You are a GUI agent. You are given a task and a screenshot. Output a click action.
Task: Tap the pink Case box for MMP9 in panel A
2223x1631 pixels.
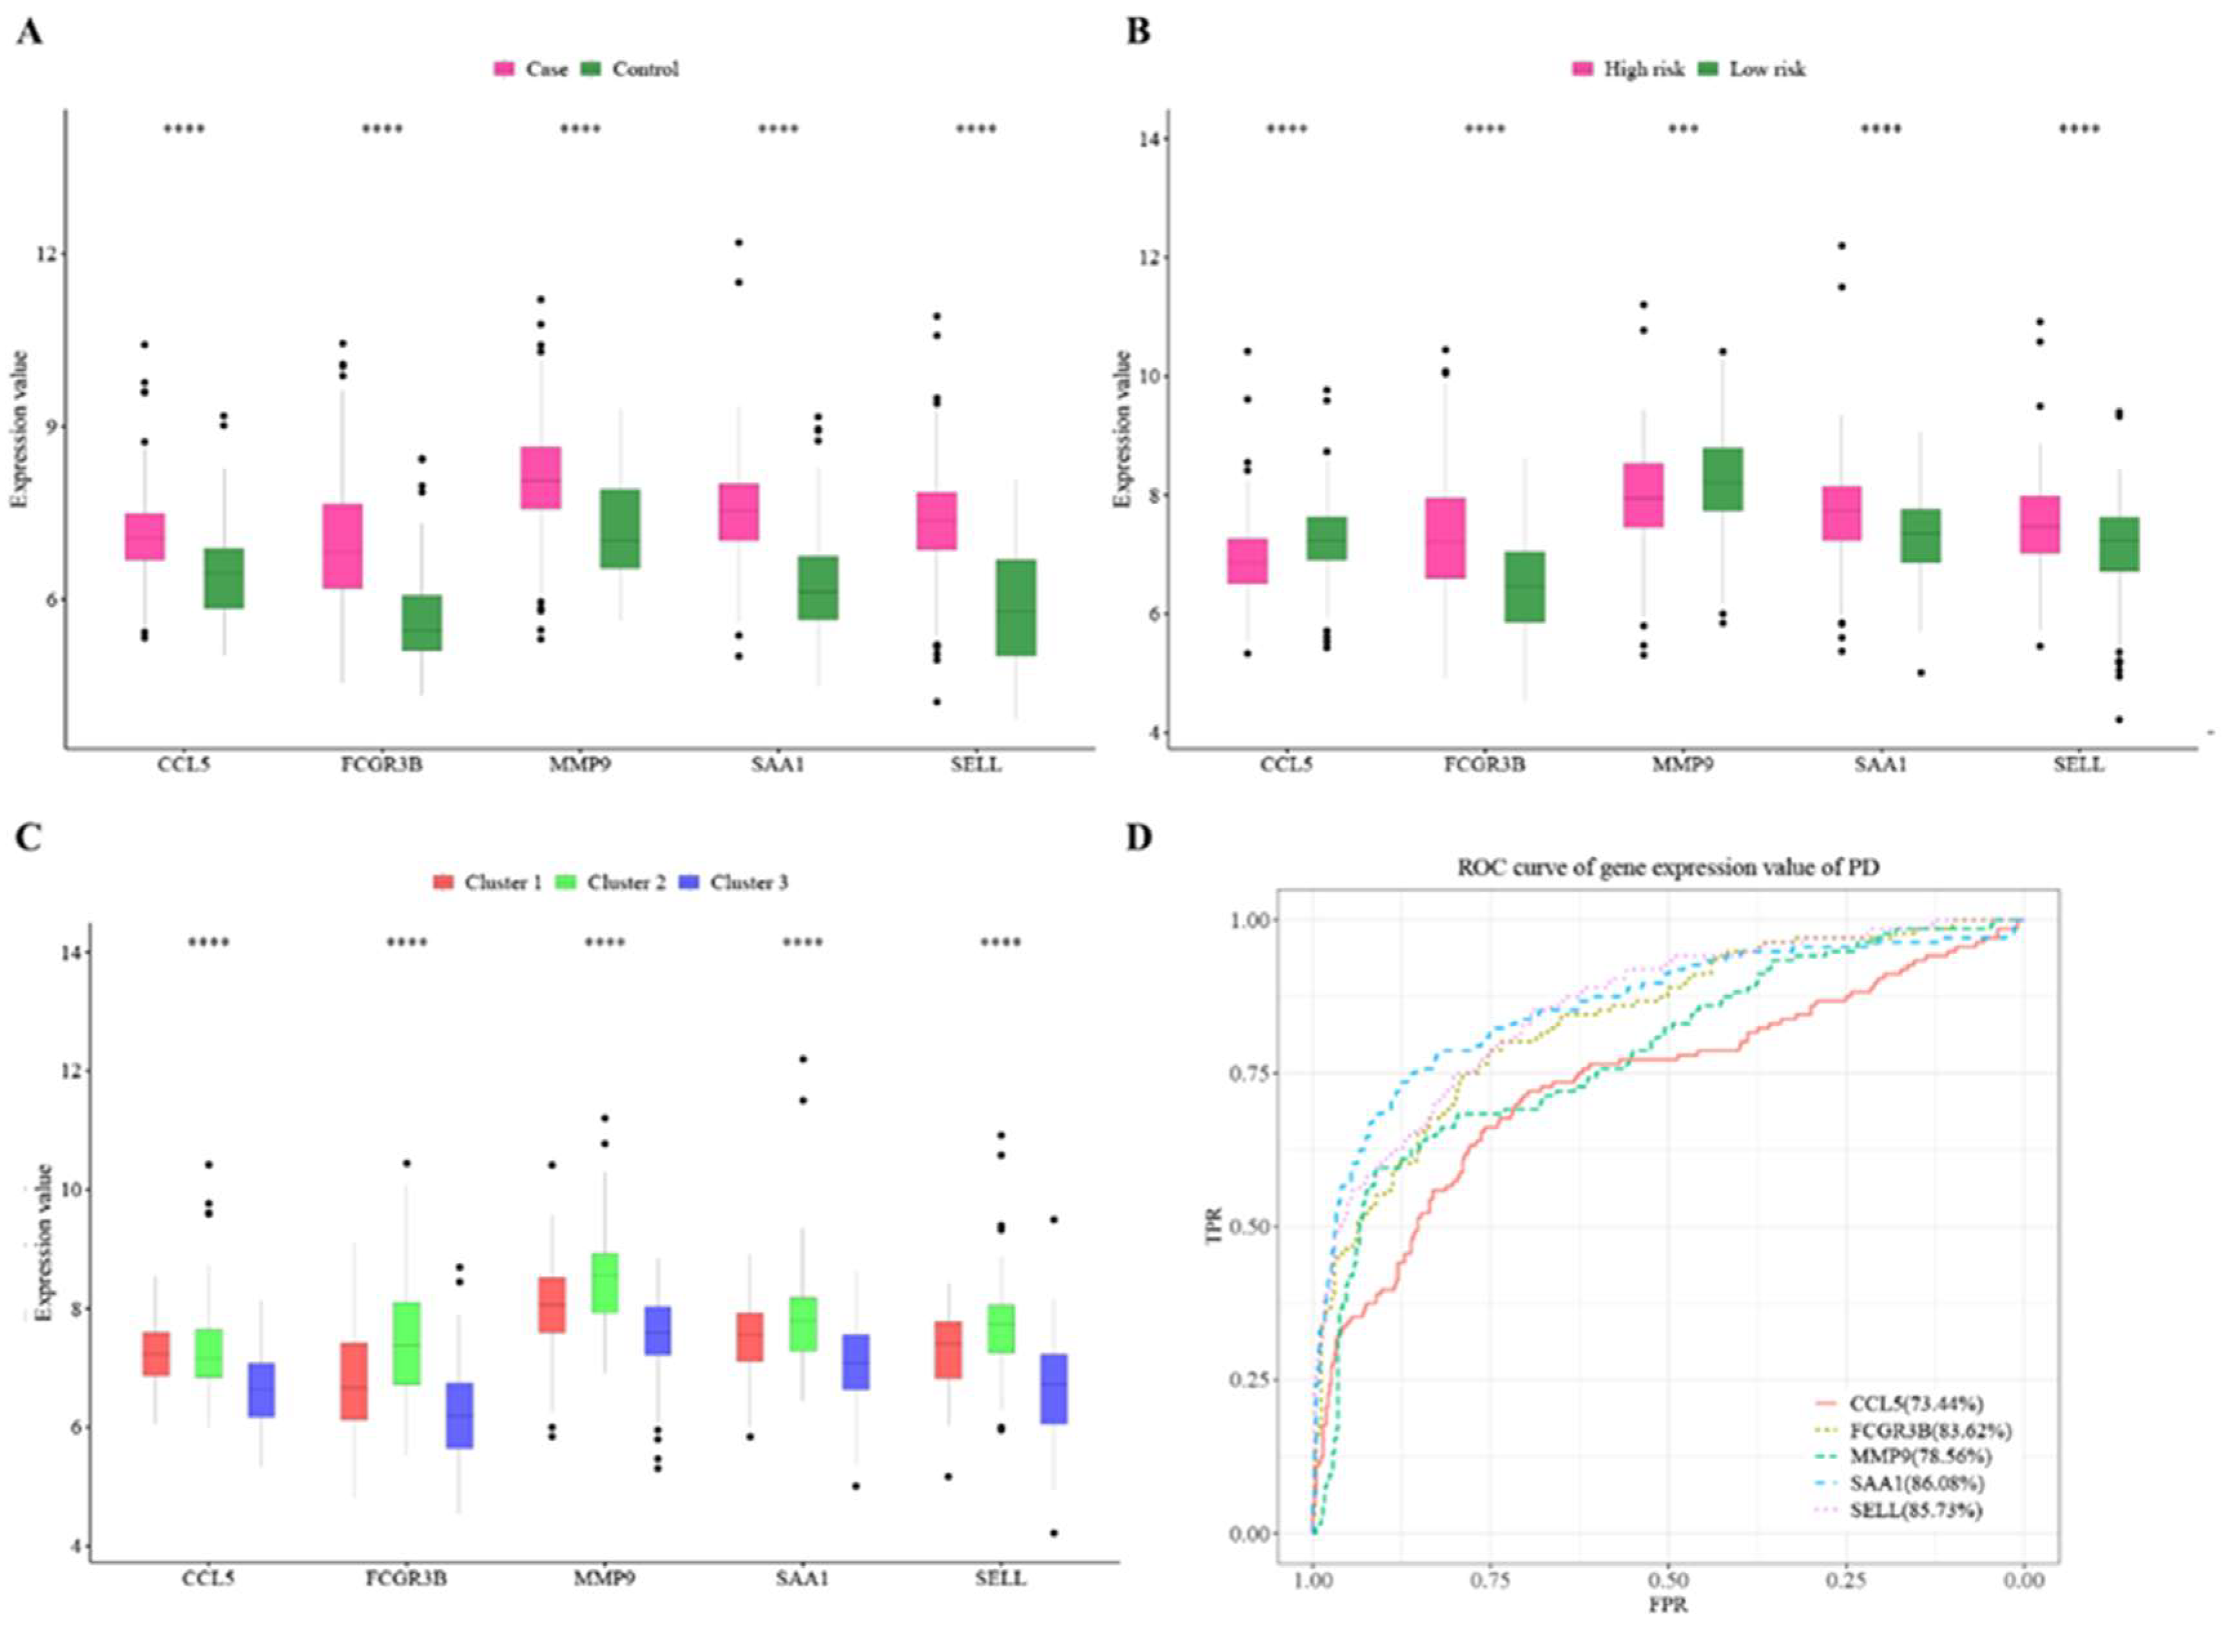click(541, 478)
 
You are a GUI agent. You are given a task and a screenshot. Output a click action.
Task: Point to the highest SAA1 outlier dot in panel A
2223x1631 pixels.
click(738, 242)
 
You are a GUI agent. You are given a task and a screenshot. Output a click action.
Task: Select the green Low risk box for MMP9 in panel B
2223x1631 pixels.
click(1722, 479)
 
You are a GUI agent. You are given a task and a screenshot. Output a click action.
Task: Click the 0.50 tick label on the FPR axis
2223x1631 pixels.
click(1668, 1581)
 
